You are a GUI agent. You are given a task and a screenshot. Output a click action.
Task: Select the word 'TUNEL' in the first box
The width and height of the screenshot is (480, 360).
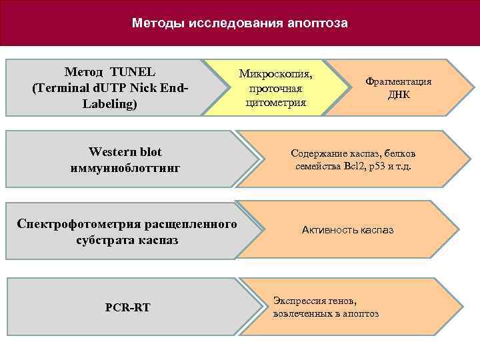[x=133, y=72]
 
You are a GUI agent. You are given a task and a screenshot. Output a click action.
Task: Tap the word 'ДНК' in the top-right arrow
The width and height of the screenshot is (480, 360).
[x=399, y=95]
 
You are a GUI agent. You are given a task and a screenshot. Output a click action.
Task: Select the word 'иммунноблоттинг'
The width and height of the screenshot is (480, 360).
[x=125, y=168]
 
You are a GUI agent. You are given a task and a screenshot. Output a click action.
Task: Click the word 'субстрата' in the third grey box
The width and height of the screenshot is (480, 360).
[x=105, y=239]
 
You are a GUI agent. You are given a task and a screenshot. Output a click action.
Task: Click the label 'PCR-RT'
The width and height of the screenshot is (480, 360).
[x=127, y=307]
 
